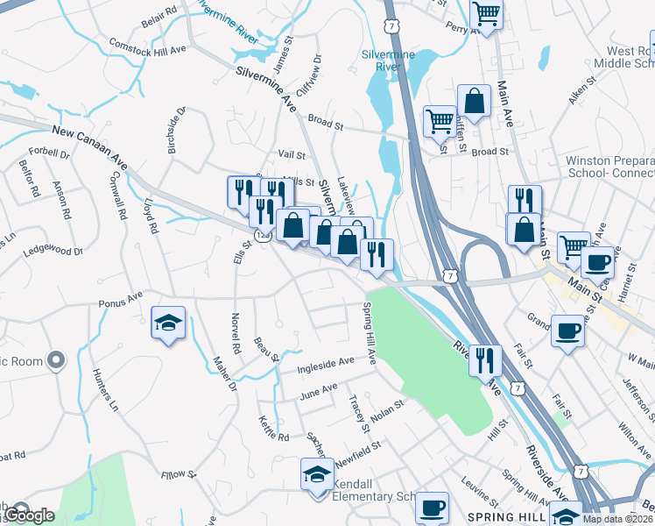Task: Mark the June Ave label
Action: pyautogui.click(x=318, y=389)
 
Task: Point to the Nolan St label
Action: pyautogui.click(x=386, y=409)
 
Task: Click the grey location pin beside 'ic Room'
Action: pyautogui.click(x=57, y=360)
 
